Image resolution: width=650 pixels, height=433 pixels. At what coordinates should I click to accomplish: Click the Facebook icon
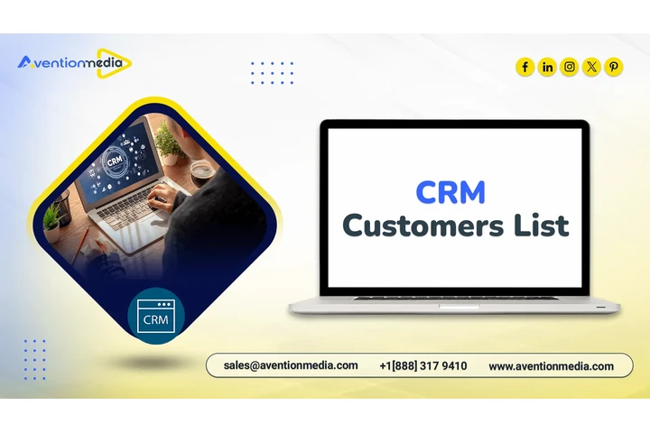525,67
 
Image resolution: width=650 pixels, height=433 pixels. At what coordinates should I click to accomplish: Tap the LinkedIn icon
547,67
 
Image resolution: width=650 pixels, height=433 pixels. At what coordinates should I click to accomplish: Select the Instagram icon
570,67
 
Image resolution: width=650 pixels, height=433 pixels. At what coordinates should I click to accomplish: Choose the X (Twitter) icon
591,67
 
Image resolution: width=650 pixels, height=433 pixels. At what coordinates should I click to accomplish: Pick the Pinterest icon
614,67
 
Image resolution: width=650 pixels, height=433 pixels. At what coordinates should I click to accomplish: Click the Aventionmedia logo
75,63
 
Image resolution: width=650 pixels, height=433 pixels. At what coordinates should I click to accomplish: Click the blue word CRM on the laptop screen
450,191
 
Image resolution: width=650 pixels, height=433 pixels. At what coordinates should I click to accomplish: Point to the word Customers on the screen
417,225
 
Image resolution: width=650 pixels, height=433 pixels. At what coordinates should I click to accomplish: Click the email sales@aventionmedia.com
291,365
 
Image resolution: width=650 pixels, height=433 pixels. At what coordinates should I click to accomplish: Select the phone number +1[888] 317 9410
422,365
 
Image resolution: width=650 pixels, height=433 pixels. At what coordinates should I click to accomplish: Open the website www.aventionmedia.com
551,366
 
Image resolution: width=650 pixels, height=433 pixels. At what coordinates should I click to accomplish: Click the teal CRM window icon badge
157,317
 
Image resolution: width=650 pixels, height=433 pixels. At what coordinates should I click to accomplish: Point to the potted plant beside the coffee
168,144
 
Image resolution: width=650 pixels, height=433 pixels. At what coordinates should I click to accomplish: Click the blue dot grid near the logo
272,72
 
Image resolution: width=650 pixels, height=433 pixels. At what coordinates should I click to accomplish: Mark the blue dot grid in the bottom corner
34,359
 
